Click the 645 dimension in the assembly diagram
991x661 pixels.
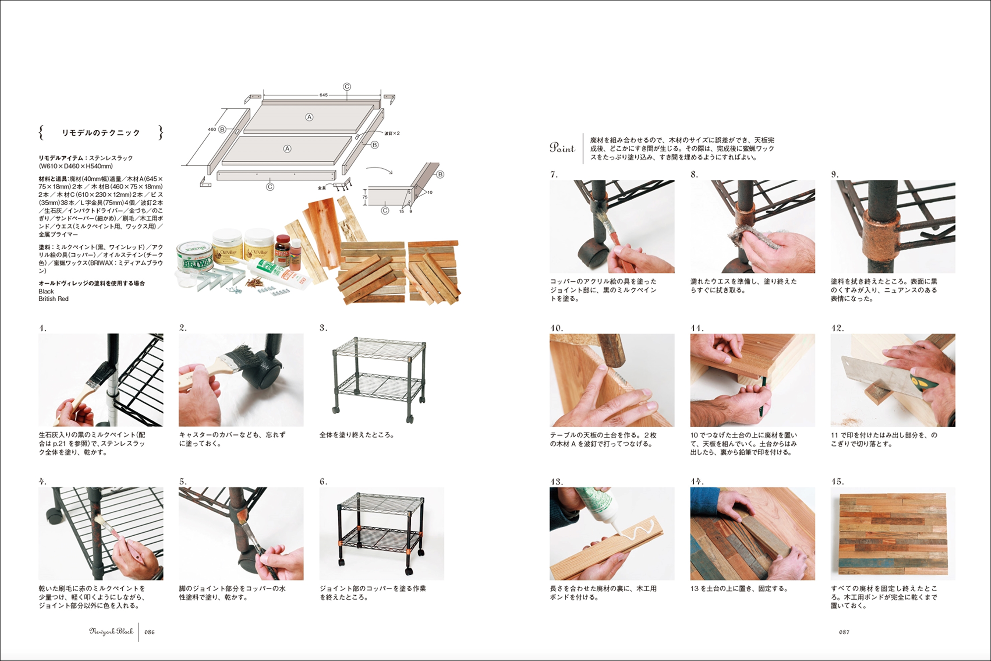[324, 95]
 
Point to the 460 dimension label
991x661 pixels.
[212, 129]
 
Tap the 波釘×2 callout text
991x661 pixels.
[391, 133]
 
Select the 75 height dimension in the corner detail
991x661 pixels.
[365, 197]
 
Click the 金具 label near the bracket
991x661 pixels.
[322, 188]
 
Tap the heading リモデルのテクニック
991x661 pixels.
[101, 133]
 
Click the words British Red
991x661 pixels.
[54, 299]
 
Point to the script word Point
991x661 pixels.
[562, 147]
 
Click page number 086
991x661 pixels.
[149, 632]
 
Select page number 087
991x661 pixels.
[844, 632]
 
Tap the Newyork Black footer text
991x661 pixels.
[111, 631]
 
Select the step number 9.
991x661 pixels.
[835, 174]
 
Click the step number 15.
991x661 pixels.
[837, 482]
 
